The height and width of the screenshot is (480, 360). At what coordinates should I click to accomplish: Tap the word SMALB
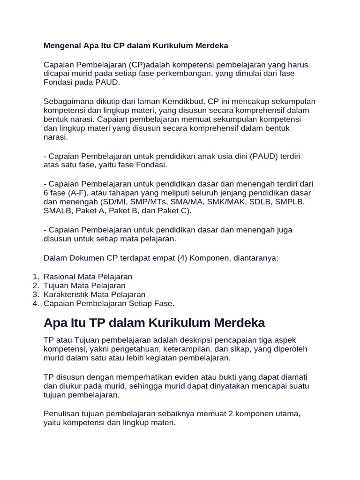point(57,211)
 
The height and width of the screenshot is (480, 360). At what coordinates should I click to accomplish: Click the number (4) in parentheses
point(174,257)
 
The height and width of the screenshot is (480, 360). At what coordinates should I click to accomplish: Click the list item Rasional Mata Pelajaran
point(88,277)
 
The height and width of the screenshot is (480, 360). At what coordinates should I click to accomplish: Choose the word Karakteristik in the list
point(66,295)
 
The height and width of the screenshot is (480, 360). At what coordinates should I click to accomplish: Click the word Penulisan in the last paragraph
point(60,414)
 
